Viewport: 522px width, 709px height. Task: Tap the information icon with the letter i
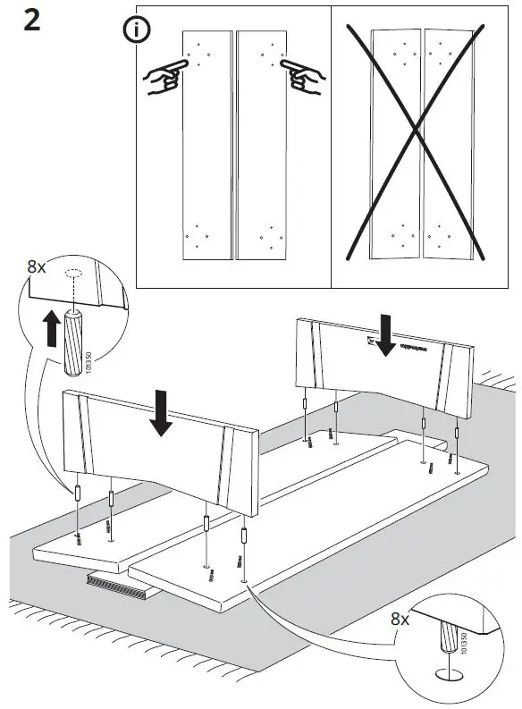pos(136,30)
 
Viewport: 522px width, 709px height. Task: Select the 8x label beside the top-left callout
pos(38,266)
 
